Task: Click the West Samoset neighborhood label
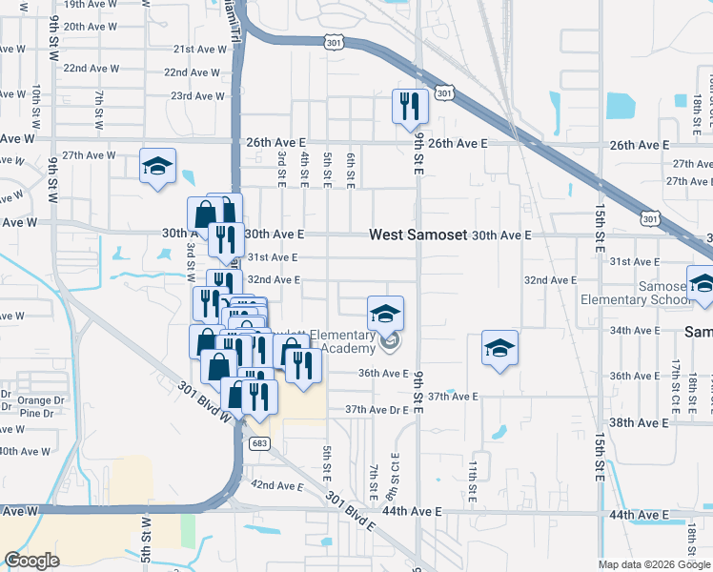click(418, 235)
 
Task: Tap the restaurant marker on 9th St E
click(410, 106)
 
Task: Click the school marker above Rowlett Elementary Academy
click(385, 314)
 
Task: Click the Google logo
click(32, 561)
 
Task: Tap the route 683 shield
click(259, 443)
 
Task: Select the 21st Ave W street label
click(198, 49)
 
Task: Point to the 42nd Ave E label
click(276, 485)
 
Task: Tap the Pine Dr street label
click(35, 413)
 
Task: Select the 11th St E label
click(473, 481)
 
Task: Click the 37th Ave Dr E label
click(377, 409)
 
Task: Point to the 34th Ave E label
click(634, 330)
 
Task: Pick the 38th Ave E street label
click(639, 422)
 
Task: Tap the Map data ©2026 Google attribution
click(653, 564)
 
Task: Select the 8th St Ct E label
click(393, 481)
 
